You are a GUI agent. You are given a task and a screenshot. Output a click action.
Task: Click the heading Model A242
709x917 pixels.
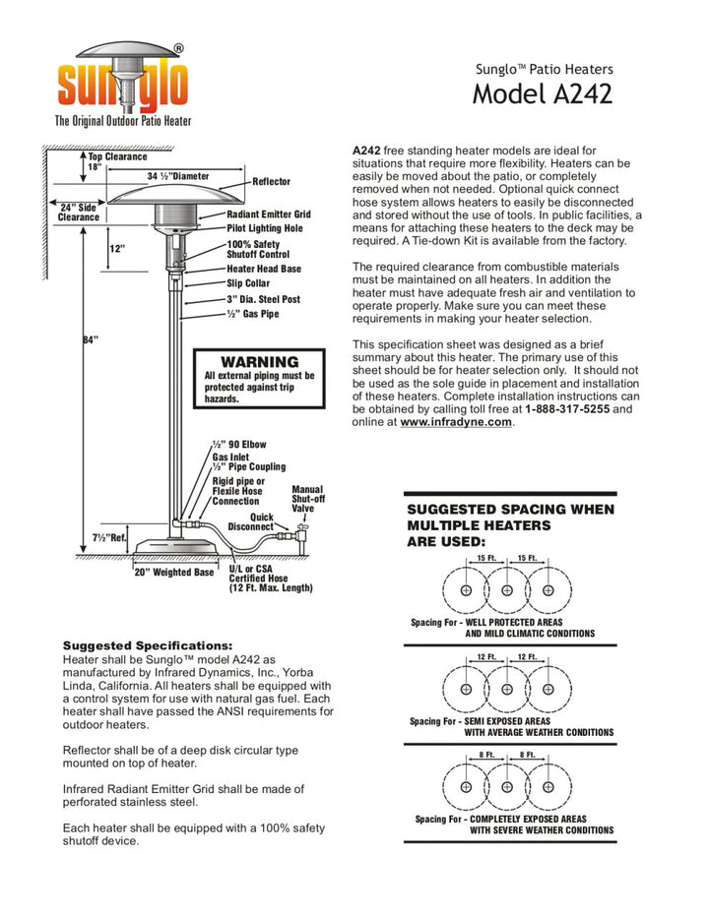click(x=542, y=94)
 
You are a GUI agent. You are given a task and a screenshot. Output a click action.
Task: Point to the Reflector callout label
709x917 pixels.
click(x=272, y=182)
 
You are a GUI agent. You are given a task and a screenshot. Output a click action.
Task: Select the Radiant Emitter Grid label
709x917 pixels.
click(x=269, y=214)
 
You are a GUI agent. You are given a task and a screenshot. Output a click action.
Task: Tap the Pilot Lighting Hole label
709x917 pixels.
click(x=265, y=228)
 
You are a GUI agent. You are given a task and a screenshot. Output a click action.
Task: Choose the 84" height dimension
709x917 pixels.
click(x=90, y=340)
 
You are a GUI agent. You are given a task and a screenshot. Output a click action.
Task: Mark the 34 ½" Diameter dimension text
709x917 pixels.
click(x=178, y=176)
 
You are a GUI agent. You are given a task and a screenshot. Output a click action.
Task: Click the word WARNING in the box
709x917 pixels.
click(x=259, y=362)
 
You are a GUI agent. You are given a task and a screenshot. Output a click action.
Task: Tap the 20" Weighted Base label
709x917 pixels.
click(x=174, y=573)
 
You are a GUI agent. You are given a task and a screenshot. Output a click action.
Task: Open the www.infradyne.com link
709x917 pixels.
click(x=456, y=421)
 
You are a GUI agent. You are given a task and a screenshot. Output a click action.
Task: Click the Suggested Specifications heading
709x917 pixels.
click(x=148, y=645)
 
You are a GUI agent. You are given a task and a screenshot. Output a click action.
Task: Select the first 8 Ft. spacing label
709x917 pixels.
click(x=486, y=755)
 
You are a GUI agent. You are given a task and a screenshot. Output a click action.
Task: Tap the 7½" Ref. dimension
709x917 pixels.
click(x=109, y=538)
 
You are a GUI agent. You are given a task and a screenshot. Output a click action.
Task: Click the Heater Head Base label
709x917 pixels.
click(x=264, y=269)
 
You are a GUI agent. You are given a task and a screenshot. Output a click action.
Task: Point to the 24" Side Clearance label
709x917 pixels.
click(x=79, y=213)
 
